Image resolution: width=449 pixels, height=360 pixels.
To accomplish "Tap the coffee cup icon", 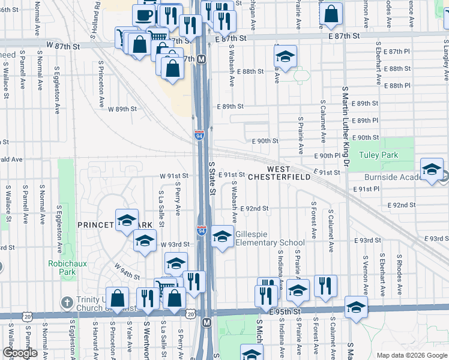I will pos(144,16).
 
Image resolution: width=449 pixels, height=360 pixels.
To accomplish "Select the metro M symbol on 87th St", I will pos(202,59).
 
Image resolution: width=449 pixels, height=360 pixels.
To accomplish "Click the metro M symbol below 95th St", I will pos(207,323).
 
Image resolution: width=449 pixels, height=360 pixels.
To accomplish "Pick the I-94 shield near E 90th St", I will pos(199,136).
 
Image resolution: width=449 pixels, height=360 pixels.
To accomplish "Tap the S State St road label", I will pos(212,178).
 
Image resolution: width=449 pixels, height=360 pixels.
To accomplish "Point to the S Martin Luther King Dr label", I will pos(345,127).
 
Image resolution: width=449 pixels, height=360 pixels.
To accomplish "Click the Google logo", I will pos(20,353).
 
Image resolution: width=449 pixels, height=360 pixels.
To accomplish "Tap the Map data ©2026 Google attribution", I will pos(411,355).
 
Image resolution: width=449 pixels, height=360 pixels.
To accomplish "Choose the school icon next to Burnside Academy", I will pos(432,170).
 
